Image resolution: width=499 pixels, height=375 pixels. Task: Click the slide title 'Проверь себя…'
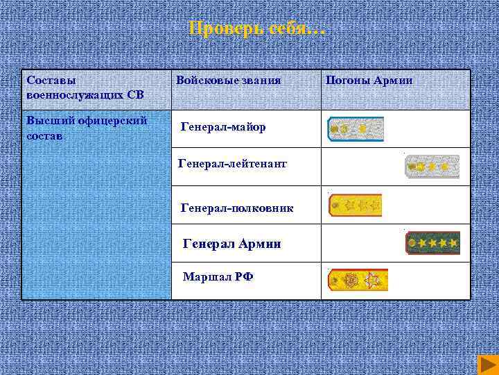click(x=256, y=29)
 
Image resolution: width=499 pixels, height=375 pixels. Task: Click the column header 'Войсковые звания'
click(x=228, y=81)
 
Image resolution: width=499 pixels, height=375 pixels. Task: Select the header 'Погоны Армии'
click(x=369, y=81)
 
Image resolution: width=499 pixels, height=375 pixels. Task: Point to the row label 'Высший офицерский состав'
click(x=86, y=128)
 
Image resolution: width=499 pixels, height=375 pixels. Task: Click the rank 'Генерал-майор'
click(x=223, y=127)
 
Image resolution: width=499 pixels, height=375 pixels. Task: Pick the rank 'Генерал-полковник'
click(x=236, y=208)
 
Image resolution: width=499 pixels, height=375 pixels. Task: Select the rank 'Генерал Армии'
click(x=231, y=244)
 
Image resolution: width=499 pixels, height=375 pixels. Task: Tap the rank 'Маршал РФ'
click(x=218, y=276)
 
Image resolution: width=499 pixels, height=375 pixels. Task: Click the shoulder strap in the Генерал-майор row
click(x=356, y=129)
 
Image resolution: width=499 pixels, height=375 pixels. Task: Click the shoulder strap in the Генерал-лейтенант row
click(x=432, y=167)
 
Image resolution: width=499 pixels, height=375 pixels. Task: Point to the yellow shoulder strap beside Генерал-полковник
click(x=355, y=206)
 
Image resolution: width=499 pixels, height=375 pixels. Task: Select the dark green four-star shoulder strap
click(x=432, y=243)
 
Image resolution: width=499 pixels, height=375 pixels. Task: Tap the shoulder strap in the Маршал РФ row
click(x=358, y=280)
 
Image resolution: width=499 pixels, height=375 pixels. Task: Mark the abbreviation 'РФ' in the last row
click(x=243, y=276)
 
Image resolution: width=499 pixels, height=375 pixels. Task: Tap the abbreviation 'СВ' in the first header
click(x=135, y=94)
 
